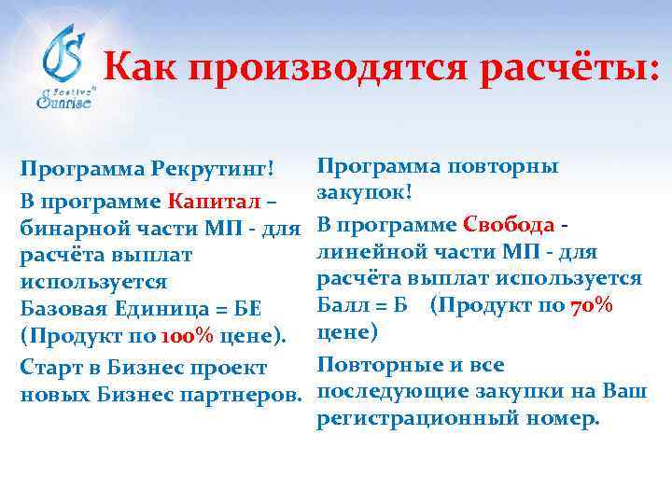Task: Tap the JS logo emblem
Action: pyautogui.click(x=65, y=52)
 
